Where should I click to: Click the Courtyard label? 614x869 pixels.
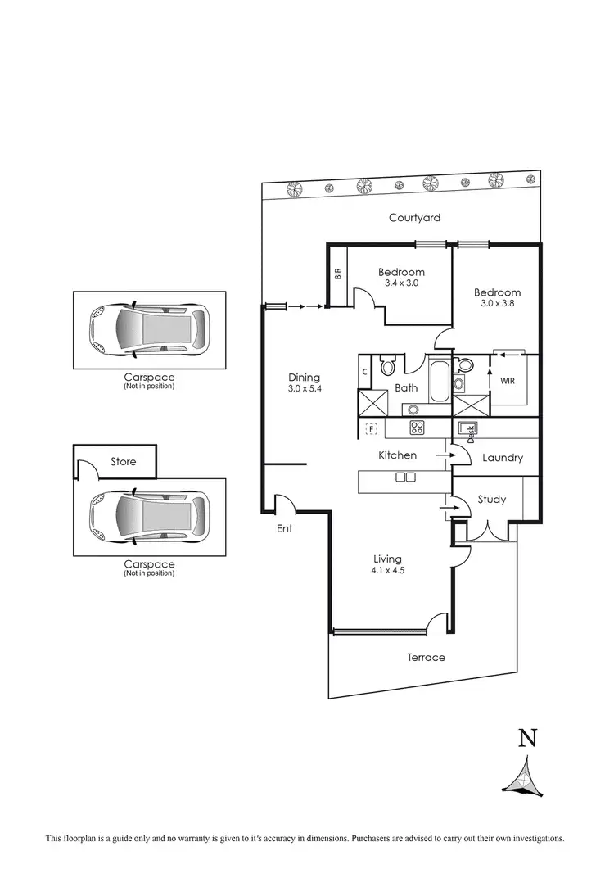[414, 217]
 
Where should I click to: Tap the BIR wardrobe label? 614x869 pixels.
[337, 274]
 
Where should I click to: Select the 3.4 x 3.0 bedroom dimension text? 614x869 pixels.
[401, 283]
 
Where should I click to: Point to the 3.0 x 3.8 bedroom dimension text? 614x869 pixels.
[497, 303]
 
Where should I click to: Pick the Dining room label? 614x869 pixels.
[304, 378]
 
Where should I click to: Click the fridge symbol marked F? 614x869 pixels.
[371, 428]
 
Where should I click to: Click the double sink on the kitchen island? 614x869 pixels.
[404, 477]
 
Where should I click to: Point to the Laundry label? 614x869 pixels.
[503, 458]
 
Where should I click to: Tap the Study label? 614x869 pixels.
[491, 499]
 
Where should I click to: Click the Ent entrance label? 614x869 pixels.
[284, 528]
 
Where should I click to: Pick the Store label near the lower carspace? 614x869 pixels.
[124, 462]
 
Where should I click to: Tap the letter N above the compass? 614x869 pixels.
[528, 738]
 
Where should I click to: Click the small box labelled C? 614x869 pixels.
[364, 372]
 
